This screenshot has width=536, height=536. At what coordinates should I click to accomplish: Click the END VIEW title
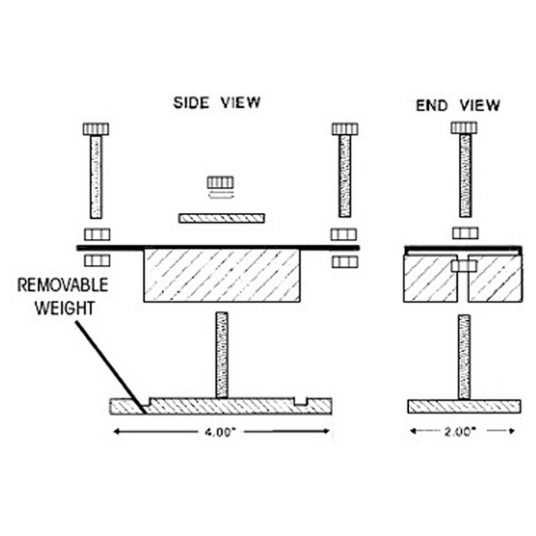coord(458,105)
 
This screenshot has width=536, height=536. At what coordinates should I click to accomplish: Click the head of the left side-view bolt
coord(96,129)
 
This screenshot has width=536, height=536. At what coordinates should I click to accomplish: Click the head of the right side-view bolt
coord(344,129)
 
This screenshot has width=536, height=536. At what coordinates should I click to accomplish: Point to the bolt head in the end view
coord(464,127)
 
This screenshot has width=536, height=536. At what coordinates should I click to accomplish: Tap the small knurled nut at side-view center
coord(220,182)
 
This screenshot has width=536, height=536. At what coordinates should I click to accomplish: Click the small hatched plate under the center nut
coord(221,218)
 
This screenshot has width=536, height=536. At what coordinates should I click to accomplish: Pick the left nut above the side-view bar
coord(97,234)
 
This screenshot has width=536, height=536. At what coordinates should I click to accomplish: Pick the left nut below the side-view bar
coord(97,260)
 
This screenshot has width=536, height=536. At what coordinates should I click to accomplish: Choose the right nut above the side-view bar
coord(344,234)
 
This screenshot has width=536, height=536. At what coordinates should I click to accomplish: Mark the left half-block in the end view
coord(430,279)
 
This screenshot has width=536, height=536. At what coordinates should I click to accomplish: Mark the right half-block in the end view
coord(496,279)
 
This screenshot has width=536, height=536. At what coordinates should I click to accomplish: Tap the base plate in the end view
coord(464,406)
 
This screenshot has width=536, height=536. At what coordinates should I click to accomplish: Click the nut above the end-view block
coord(464,233)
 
